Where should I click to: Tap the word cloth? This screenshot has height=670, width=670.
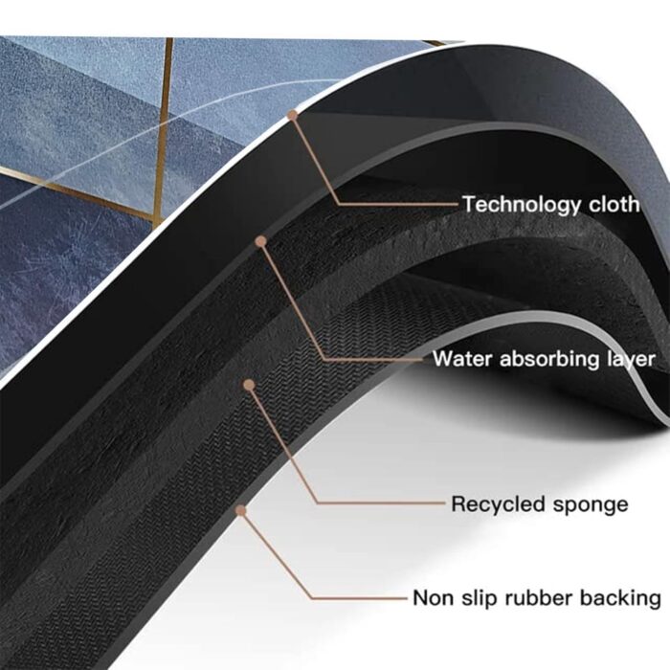pyautogui.click(x=614, y=204)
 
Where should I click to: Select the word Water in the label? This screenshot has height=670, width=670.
pyautogui.click(x=462, y=359)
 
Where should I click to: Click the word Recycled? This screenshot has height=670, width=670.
pyautogui.click(x=498, y=504)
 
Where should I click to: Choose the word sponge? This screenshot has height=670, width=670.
pyautogui.click(x=591, y=506)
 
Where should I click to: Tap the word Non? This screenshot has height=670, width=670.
pyautogui.click(x=433, y=598)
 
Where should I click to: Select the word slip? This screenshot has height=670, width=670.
pyautogui.click(x=479, y=598)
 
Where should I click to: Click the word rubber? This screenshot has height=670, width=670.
pyautogui.click(x=538, y=597)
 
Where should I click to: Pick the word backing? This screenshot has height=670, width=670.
pyautogui.click(x=620, y=598)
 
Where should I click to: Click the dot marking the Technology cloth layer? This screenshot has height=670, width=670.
pyautogui.click(x=292, y=115)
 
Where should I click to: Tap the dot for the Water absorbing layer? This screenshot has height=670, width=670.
pyautogui.click(x=260, y=242)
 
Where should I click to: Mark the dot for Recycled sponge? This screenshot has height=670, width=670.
pyautogui.click(x=249, y=386)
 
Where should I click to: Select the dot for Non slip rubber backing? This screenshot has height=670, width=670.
pyautogui.click(x=241, y=510)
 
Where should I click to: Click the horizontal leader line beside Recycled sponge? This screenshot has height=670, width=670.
pyautogui.click(x=381, y=502)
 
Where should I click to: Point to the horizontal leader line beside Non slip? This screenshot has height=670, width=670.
pyautogui.click(x=359, y=598)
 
